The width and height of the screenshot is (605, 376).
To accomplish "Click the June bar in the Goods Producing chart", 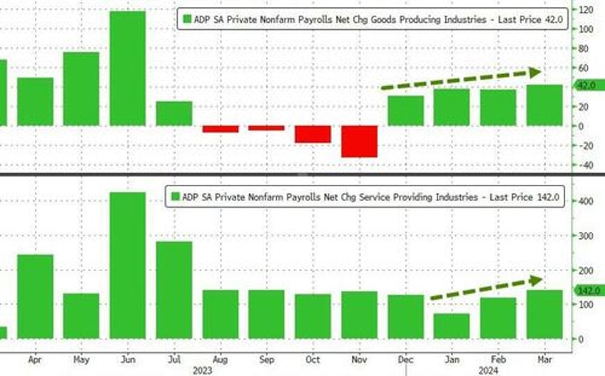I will click(127, 68).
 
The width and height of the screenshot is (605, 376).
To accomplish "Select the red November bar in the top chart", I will click(359, 141).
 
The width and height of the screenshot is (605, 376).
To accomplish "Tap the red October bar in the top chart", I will click(312, 134).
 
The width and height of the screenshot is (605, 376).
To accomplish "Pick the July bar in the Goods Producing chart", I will click(174, 113).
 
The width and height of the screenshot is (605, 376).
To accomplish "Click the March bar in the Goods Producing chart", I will click(544, 106).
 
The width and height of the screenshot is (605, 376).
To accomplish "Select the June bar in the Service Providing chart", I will click(127, 265).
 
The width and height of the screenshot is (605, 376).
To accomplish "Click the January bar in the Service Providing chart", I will click(452, 326).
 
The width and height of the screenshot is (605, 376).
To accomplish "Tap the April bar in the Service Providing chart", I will click(35, 296).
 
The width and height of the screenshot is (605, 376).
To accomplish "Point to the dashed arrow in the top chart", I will click(461, 78).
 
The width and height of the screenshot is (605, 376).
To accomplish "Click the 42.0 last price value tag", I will click(584, 85).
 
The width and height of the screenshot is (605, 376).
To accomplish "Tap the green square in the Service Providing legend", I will click(174, 196).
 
